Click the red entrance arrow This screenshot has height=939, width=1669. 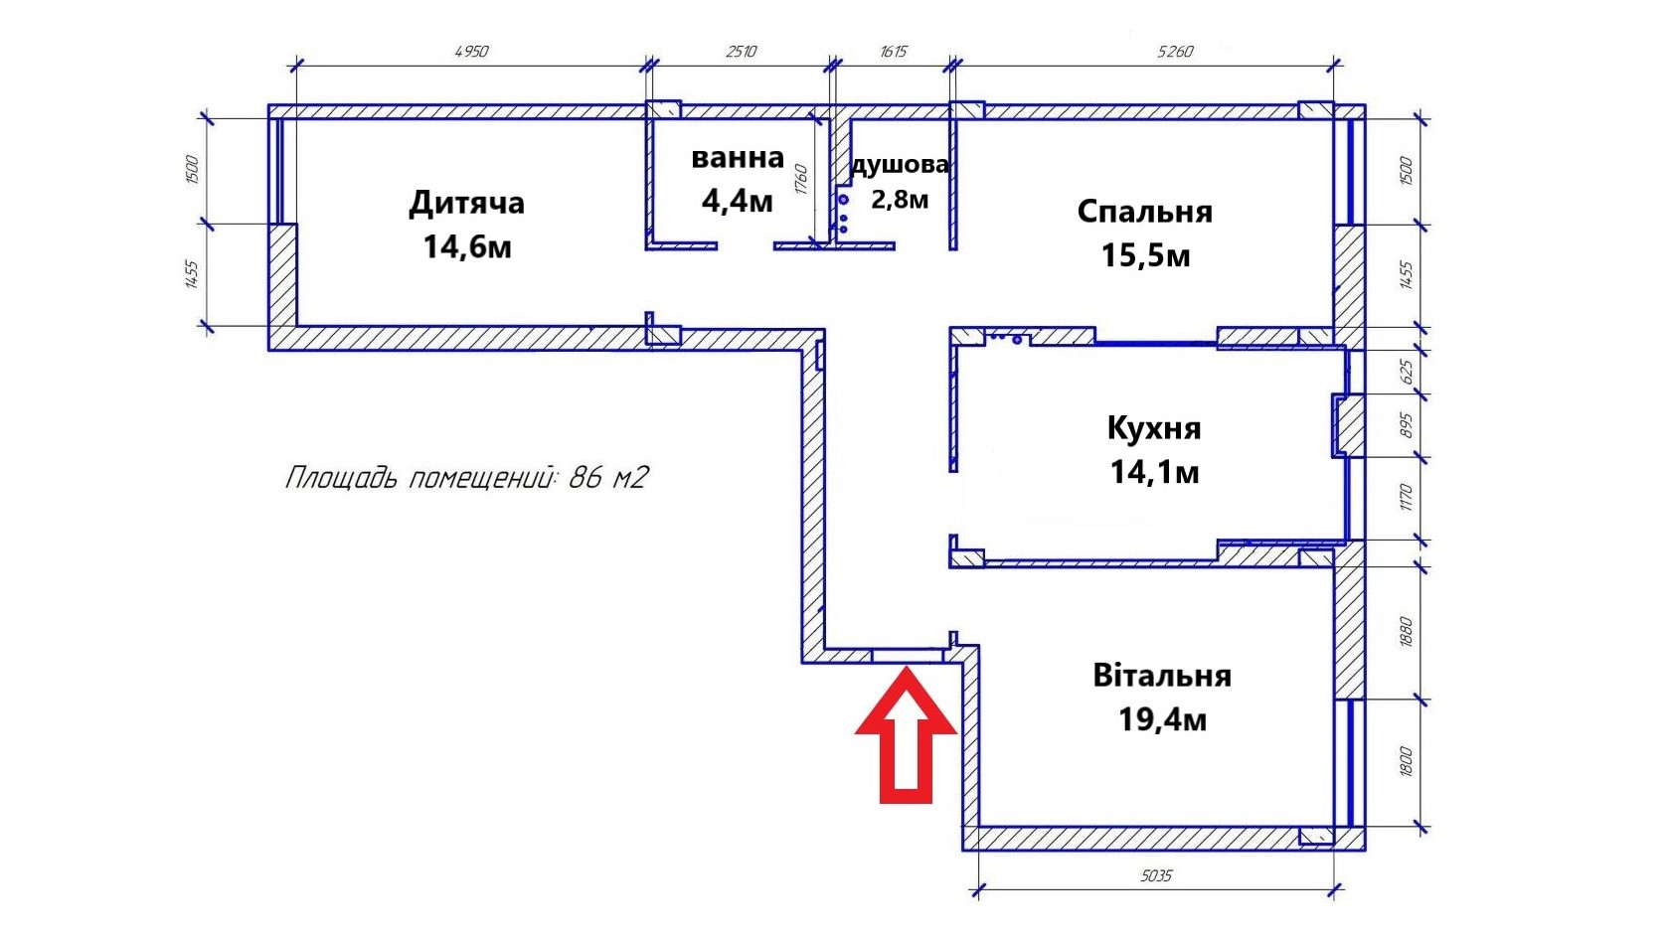906,737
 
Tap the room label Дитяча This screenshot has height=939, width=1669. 466,204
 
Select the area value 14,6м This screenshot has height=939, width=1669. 467,247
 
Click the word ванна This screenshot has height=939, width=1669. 738,158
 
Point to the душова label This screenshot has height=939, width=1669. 900,165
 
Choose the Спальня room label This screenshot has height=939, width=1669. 1145,212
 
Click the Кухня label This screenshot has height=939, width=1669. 1154,428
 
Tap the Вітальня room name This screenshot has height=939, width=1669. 1162,676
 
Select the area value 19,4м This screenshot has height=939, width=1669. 1162,720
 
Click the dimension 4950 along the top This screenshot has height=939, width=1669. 471,52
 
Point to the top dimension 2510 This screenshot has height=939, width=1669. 742,52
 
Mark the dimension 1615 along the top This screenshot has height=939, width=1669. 894,52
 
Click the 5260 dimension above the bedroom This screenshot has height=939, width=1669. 1175,52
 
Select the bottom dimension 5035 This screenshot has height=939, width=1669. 1156,875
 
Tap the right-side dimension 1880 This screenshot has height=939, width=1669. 1406,631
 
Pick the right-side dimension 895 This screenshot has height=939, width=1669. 1406,425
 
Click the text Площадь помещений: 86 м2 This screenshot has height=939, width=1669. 466,477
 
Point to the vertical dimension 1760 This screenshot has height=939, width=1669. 802,180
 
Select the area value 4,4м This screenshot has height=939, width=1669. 738,201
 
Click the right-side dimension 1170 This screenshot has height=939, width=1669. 1406,497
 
